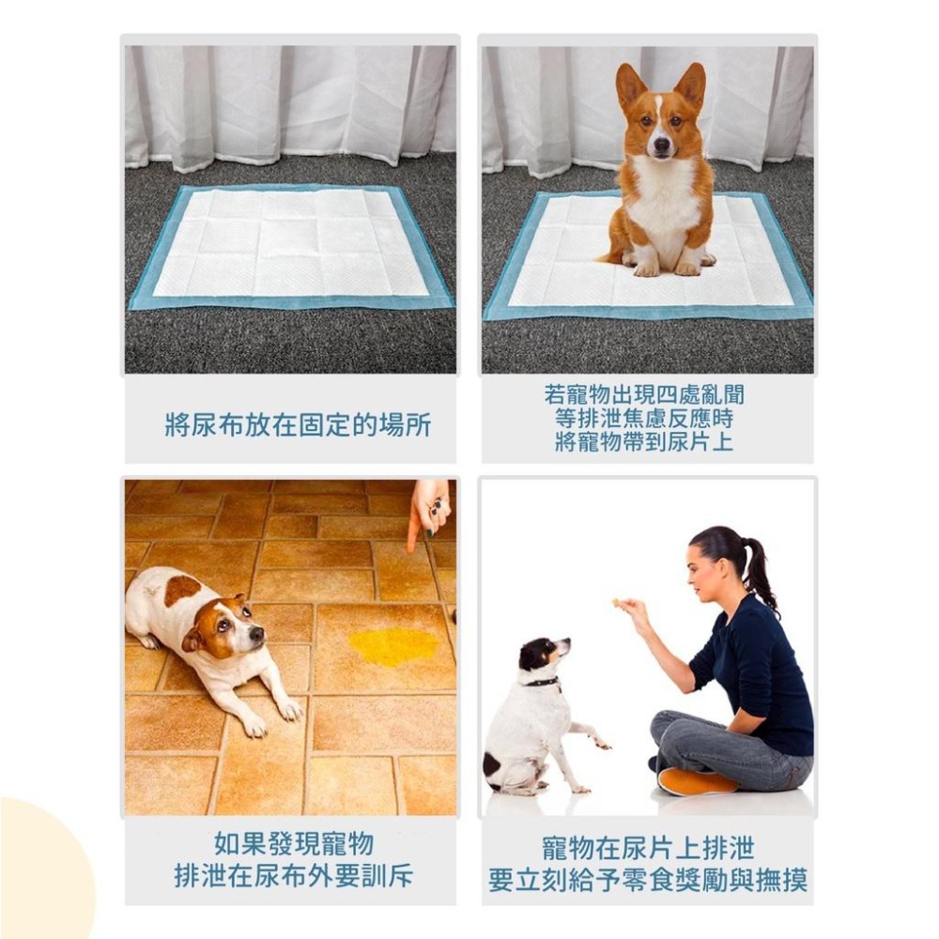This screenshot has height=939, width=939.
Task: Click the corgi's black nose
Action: [662, 145]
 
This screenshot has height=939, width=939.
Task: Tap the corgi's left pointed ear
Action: [630, 86]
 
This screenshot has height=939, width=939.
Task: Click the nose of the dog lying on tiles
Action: [257, 633]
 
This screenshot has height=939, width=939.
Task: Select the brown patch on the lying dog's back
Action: [182, 591]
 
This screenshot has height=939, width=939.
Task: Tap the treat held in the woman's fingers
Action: [616, 601]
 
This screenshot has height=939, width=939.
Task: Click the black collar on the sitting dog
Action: [543, 682]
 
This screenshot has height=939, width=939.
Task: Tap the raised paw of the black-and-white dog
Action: [601, 745]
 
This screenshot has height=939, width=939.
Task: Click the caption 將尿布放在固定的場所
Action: [298, 425]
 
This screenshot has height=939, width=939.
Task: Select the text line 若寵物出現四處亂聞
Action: [644, 395]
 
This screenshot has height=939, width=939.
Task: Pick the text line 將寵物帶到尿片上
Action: [644, 442]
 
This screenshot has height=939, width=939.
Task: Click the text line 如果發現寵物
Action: [293, 844]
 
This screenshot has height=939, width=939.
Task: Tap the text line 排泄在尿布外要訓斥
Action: [293, 876]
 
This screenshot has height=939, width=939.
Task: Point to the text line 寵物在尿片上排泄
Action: [648, 849]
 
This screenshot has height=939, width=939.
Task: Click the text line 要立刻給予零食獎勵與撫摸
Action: [648, 880]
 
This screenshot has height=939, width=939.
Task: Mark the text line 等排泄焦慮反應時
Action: [644, 419]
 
